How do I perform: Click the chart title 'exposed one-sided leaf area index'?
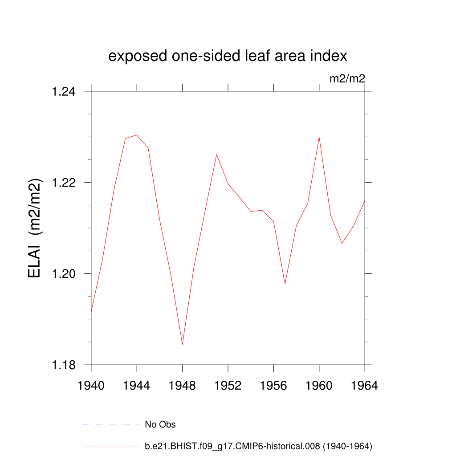point(228,57)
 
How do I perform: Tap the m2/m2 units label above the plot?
point(347,79)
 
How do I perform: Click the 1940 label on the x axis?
point(91,386)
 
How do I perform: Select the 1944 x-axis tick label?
point(137,386)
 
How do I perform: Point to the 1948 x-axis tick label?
point(183,386)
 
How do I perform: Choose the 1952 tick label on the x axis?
point(228,386)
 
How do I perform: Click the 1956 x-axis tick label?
point(273,386)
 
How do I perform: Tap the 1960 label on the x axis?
point(319,386)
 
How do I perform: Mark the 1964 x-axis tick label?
point(365,386)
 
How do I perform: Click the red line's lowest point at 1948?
point(183,344)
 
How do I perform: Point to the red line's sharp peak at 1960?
point(319,137)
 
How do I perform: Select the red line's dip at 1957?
point(285,284)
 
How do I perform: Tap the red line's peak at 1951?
point(216,155)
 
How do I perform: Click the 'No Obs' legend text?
point(160,424)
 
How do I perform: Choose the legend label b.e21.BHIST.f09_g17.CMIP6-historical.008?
point(258,446)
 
